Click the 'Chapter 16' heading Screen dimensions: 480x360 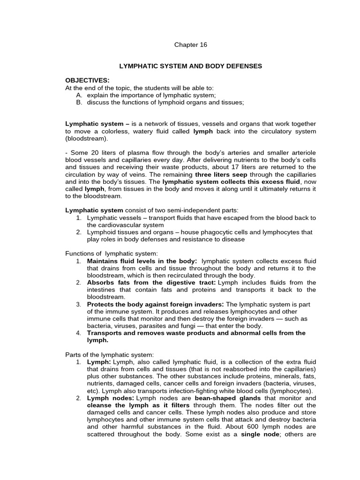pyautogui.click(x=190, y=45)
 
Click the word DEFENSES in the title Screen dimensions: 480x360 pyautogui.click(x=242, y=67)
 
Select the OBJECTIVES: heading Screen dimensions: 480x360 pyautogui.click(x=87, y=81)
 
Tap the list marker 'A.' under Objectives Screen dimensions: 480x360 pyautogui.click(x=79, y=95)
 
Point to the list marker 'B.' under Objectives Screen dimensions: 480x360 pyautogui.click(x=79, y=103)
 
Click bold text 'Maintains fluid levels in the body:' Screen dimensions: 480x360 pyautogui.click(x=142, y=261)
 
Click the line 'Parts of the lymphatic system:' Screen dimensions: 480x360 pyautogui.click(x=109, y=354)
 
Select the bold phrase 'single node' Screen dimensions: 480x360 pyautogui.click(x=259, y=434)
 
